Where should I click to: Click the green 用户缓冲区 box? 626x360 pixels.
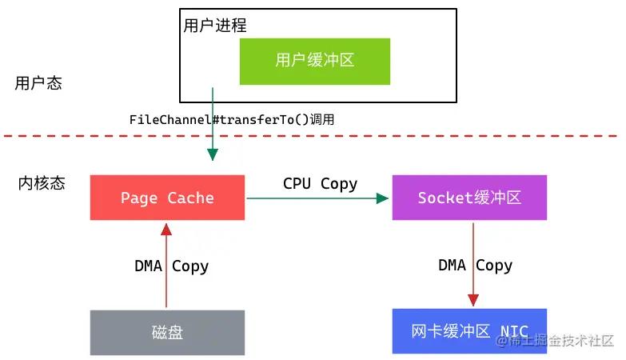coord(315,61)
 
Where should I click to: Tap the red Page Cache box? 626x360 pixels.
coord(167,198)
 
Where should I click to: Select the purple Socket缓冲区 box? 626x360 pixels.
coord(469,198)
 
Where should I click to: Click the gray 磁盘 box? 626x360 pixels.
coord(167,332)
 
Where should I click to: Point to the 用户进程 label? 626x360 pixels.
coord(215,26)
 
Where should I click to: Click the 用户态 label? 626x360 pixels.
coord(38,83)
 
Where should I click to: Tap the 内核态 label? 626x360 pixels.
coord(42,183)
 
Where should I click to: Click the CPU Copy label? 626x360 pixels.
coord(320,183)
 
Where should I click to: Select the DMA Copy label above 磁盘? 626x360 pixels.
coord(171,266)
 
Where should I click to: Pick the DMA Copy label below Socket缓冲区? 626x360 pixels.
coord(475,266)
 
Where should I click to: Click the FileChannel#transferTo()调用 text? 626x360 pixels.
coord(231,119)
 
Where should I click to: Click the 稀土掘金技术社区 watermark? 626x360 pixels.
coord(554,342)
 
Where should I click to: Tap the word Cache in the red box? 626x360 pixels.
coord(190,198)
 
